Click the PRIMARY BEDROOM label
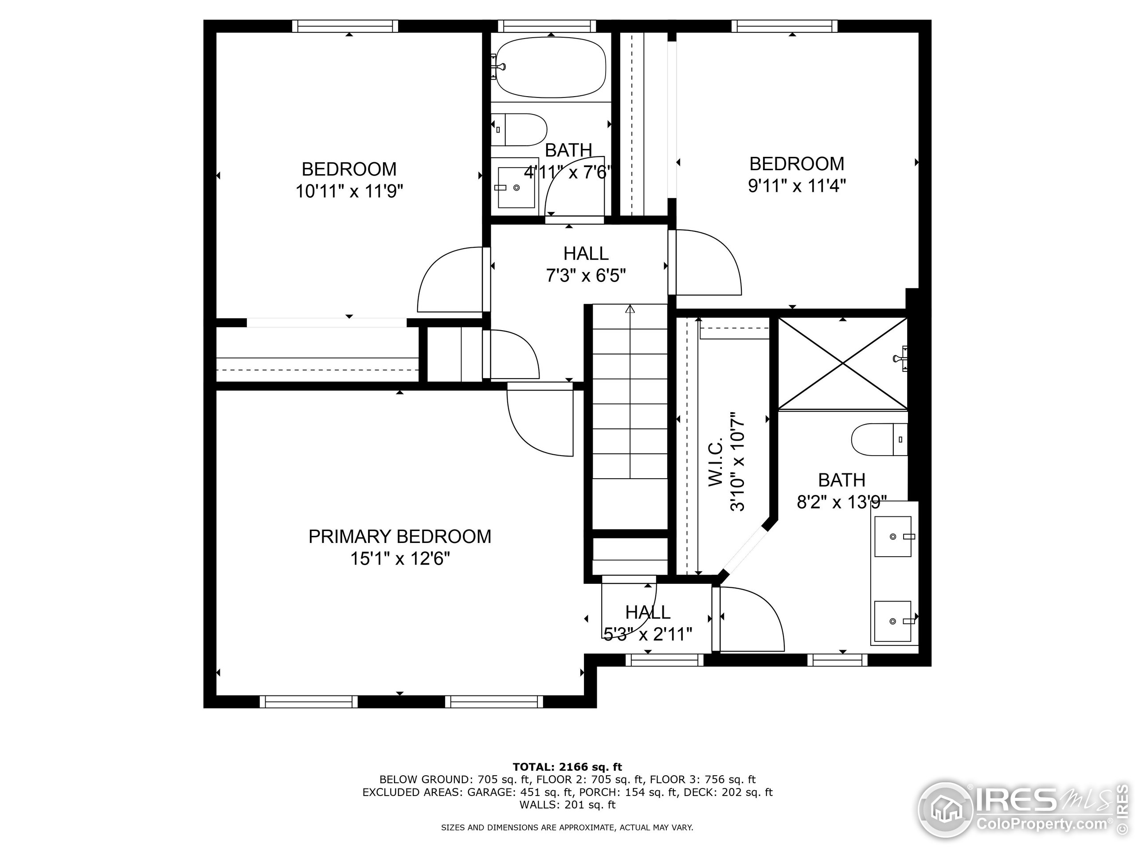[x=400, y=537]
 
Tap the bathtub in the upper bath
[x=550, y=68]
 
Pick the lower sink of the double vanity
[x=893, y=621]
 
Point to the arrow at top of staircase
[x=630, y=309]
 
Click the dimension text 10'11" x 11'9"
[x=349, y=192]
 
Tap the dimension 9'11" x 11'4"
[x=796, y=186]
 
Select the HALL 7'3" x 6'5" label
[x=586, y=265]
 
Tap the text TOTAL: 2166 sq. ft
[x=567, y=767]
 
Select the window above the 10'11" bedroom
[x=345, y=26]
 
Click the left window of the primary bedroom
[x=309, y=701]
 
